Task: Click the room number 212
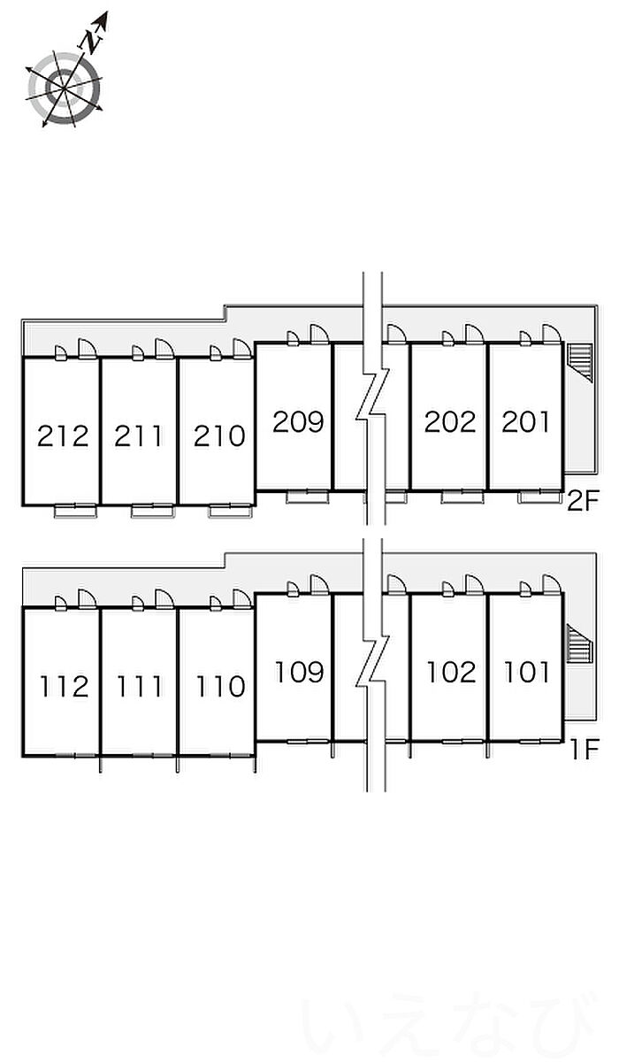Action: click(63, 435)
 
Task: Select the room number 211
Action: click(139, 435)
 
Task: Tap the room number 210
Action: click(218, 435)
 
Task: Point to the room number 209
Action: click(298, 421)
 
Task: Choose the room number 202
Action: click(450, 421)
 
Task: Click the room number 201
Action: click(526, 421)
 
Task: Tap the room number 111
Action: click(139, 686)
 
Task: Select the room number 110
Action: click(218, 686)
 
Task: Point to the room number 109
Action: click(299, 672)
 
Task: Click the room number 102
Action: click(451, 672)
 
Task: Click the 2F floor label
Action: click(583, 503)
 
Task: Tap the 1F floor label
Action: click(584, 751)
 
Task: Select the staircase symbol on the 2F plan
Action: click(579, 362)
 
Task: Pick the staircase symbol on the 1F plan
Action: click(576, 640)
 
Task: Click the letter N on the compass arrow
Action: click(89, 39)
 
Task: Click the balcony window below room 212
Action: click(75, 510)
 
